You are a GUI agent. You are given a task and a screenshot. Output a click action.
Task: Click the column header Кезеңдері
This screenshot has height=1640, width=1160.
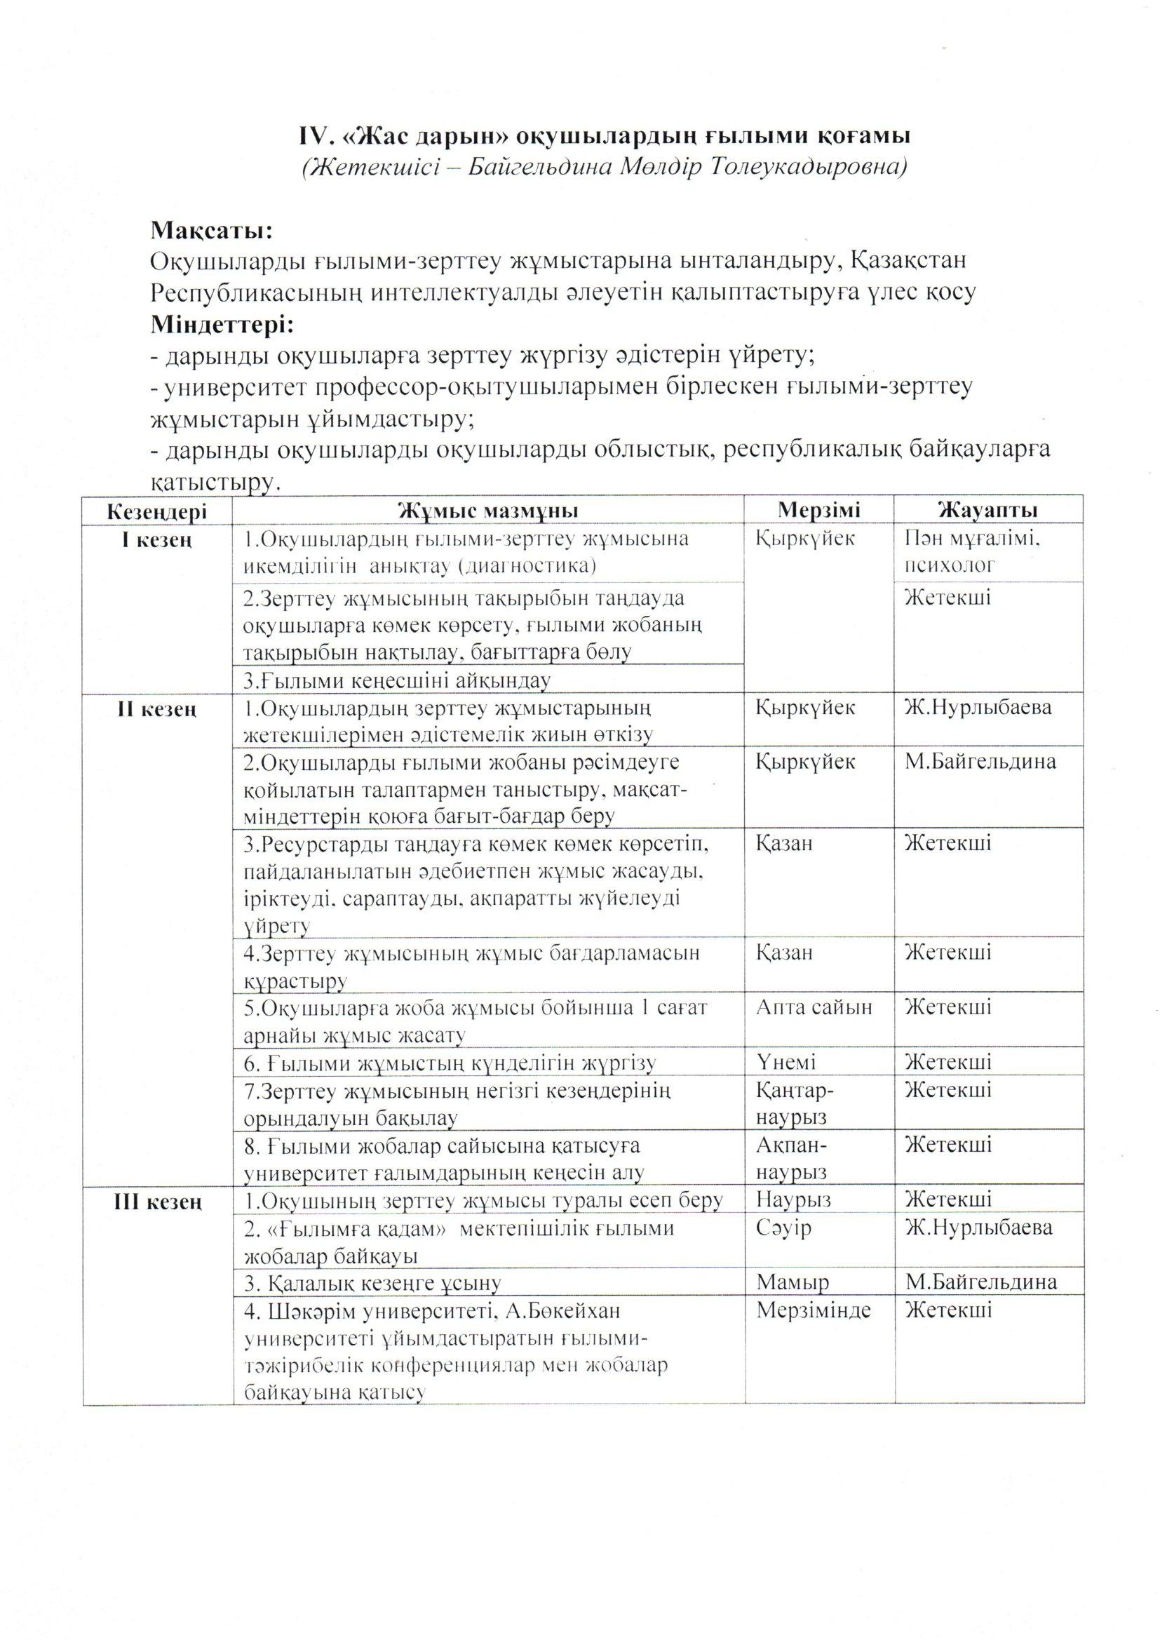(x=157, y=511)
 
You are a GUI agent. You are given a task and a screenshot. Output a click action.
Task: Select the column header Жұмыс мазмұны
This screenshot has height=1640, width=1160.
(x=488, y=511)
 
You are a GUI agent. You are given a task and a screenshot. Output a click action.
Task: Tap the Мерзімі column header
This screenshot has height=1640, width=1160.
(x=818, y=511)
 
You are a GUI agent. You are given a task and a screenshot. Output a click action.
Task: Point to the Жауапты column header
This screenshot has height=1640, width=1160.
(x=987, y=511)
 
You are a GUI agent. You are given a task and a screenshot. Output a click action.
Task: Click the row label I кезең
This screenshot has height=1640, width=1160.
(x=157, y=540)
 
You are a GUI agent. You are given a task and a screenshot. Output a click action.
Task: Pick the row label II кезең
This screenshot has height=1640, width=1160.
(x=157, y=709)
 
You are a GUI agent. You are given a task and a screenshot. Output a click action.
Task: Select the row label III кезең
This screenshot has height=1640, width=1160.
(x=157, y=1203)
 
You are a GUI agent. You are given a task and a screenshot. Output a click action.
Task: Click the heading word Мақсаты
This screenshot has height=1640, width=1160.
(x=211, y=231)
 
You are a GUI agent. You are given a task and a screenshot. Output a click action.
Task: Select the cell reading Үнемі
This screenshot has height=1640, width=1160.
(x=785, y=1062)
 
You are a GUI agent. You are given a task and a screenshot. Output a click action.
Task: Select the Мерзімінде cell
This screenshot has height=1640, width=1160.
(x=814, y=1310)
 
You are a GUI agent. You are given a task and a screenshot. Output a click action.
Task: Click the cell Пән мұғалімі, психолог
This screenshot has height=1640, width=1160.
(x=971, y=552)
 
